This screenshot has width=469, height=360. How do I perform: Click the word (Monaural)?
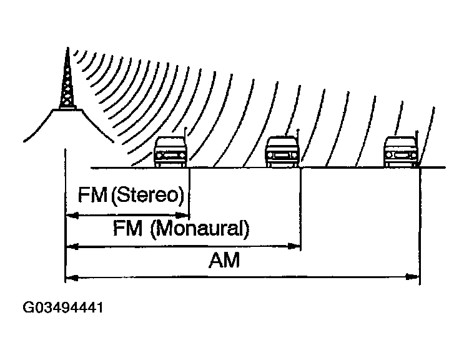(x=199, y=229)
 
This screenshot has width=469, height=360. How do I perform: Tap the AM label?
(x=224, y=260)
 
